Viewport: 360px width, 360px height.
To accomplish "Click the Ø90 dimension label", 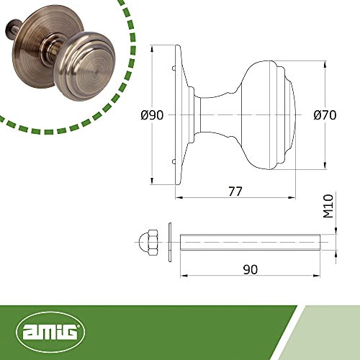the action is (x=152, y=115).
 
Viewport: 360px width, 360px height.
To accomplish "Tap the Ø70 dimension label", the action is (x=325, y=115).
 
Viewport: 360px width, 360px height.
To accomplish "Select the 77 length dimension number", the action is (x=235, y=192).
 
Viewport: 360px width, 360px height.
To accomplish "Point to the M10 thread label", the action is (x=328, y=206).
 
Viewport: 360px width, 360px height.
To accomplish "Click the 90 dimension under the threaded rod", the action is (x=251, y=269).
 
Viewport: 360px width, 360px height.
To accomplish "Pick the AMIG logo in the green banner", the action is (x=50, y=332).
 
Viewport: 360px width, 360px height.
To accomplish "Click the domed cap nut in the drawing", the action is (x=148, y=243).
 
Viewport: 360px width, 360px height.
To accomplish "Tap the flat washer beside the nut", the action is (x=170, y=242).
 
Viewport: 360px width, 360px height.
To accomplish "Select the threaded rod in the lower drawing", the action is (x=250, y=242).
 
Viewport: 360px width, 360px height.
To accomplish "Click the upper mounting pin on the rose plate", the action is (x=174, y=68).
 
